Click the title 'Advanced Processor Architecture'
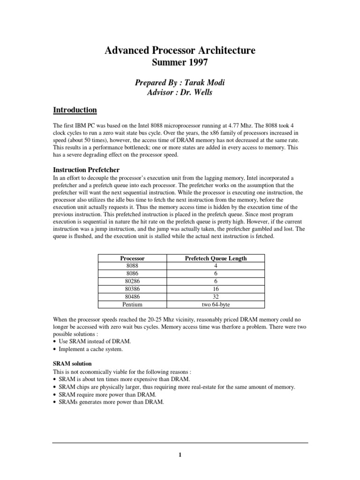point(180,51)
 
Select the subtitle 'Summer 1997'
point(180,62)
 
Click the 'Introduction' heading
point(75,110)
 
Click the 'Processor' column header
point(132,258)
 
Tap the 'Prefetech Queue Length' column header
point(216,258)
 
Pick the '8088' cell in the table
point(132,266)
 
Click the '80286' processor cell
point(132,281)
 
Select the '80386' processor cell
point(132,289)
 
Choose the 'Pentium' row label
point(132,304)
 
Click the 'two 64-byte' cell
point(216,304)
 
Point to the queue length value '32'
point(216,297)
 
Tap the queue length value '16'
point(216,289)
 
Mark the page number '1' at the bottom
point(180,455)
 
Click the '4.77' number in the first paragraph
point(228,127)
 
